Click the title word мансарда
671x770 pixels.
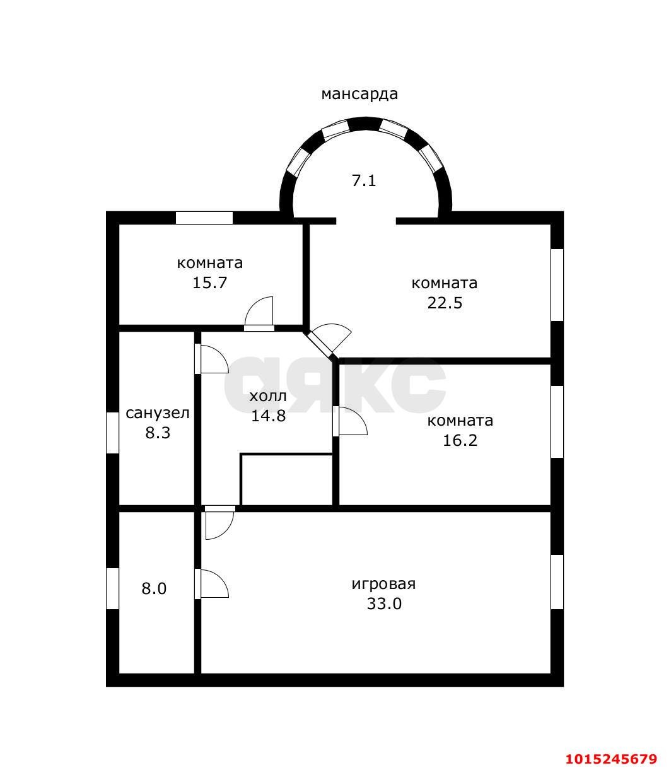[359, 94]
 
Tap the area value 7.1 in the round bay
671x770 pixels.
[364, 181]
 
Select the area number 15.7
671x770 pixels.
[209, 283]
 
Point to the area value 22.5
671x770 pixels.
[445, 303]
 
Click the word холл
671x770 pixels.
[268, 396]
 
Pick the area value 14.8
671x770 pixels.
[268, 416]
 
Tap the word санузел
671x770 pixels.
[157, 413]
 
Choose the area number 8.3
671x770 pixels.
[158, 433]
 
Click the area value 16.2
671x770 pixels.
[460, 440]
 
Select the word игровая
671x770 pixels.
[384, 585]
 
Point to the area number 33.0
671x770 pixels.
[384, 604]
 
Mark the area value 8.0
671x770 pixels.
[154, 588]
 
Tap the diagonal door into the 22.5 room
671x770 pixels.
[327, 341]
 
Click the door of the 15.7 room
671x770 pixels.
[259, 314]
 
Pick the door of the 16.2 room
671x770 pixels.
[350, 421]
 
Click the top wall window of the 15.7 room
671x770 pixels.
[204, 218]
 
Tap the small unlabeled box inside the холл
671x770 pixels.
[287, 479]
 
